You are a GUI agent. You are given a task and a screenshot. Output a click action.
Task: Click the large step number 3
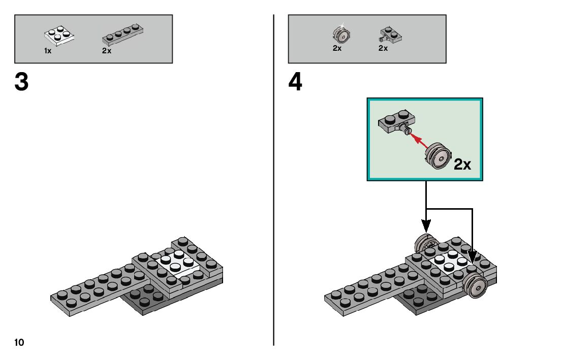pos(21,82)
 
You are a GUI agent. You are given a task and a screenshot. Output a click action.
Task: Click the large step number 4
pos(295,82)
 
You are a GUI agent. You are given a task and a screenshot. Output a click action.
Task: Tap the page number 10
pos(19,342)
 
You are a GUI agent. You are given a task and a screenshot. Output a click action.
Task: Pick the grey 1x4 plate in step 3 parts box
pos(121,35)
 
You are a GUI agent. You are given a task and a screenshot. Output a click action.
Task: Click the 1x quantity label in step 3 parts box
pos(48,51)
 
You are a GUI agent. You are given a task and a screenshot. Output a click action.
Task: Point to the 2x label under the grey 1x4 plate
pos(107,51)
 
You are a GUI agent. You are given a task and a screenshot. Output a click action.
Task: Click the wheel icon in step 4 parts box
pos(341,35)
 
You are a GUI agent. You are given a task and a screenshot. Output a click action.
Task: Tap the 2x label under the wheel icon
pos(337,49)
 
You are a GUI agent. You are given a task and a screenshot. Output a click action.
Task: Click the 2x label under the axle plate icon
pos(383,49)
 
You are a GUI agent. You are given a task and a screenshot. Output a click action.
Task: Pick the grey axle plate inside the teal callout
pos(396,122)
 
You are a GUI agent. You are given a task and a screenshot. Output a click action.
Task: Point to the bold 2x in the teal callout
pos(463,164)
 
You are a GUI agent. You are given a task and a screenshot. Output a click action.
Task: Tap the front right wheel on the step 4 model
pos(476,285)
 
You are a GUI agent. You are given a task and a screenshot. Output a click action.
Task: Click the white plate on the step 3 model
pos(176,262)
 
